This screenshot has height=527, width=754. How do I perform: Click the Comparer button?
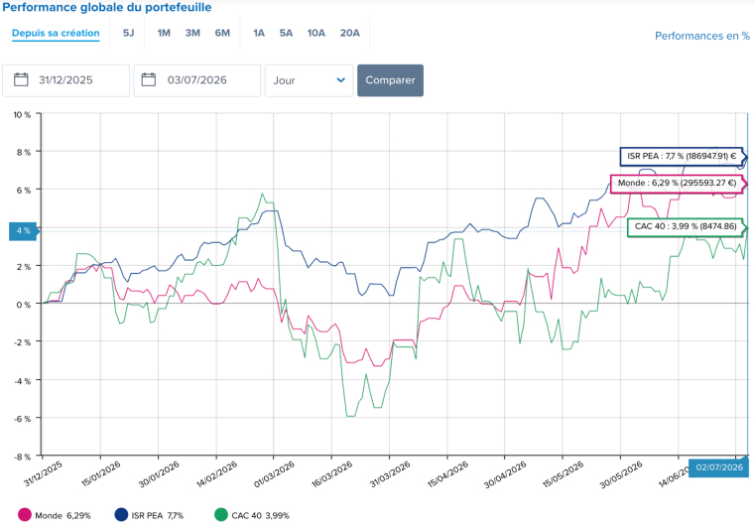tap(390, 80)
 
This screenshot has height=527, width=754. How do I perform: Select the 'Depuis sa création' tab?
tap(56, 33)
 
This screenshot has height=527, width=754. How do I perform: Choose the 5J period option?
tap(128, 33)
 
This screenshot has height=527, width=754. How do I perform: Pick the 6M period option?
tap(222, 33)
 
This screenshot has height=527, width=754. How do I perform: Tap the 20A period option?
tap(349, 33)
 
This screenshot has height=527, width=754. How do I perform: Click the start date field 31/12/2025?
tap(65, 80)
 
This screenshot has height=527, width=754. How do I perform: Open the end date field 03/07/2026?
tap(197, 80)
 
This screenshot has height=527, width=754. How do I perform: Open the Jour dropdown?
tap(309, 80)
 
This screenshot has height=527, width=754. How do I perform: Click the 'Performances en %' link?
tap(702, 36)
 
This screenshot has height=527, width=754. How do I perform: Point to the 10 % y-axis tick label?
tap(22, 114)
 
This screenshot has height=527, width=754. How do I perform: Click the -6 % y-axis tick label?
tap(22, 419)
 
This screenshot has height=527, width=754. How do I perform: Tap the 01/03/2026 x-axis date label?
tap(274, 474)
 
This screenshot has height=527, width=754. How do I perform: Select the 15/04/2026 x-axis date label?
tap(447, 474)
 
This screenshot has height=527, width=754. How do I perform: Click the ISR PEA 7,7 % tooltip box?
tap(682, 156)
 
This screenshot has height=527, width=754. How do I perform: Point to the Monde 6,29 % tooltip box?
tap(677, 184)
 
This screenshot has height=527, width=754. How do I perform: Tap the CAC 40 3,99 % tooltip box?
tap(686, 226)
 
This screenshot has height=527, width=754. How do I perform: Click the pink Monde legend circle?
tap(25, 515)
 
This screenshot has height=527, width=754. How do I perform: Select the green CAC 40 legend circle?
tap(220, 515)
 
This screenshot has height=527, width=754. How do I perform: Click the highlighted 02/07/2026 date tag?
tap(719, 467)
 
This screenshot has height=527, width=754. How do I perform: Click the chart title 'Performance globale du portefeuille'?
tap(107, 7)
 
